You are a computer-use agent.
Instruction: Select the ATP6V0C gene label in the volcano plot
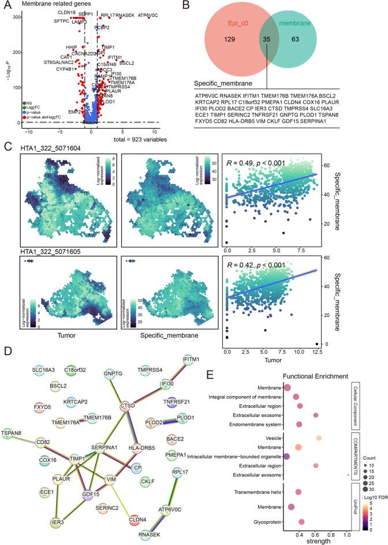point(148,14)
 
